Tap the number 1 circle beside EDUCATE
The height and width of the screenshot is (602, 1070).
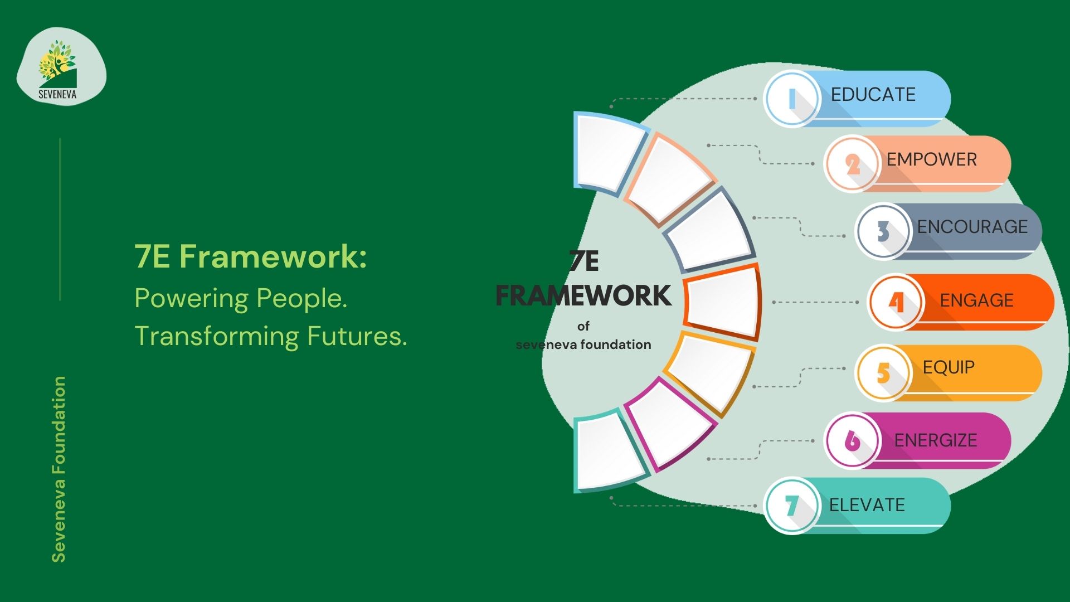point(791,99)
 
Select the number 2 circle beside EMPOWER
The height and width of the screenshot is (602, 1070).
point(852,164)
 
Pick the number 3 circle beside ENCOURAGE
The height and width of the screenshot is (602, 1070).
point(883,231)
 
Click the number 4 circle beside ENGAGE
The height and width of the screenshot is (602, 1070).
point(896,302)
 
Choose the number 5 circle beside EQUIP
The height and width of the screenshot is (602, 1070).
point(883,372)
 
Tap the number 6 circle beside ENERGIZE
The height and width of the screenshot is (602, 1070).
point(852,440)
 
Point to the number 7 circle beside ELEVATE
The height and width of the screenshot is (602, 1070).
point(791,506)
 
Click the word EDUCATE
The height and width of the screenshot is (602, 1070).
point(873,94)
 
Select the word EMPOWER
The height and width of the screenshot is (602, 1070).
point(932,159)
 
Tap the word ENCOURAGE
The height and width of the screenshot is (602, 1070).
point(972,226)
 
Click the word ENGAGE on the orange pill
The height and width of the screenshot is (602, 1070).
point(977,300)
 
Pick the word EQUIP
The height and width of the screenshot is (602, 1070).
point(949,367)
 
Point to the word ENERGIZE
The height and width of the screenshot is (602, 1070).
point(936,440)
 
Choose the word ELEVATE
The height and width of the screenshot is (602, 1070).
point(867,505)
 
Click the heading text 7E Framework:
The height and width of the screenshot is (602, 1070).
point(251,256)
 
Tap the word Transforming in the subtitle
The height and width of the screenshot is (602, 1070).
point(217,337)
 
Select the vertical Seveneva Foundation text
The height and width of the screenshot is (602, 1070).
point(59,469)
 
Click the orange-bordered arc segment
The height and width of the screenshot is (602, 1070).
point(723,302)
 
